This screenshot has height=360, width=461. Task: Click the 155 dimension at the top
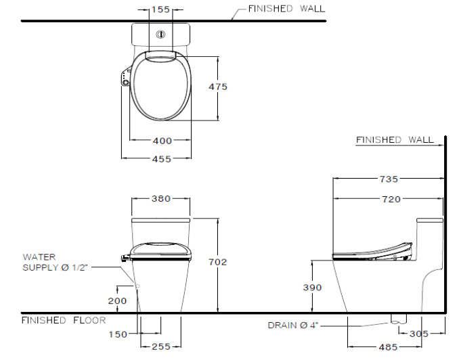160,10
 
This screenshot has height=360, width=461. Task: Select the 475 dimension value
217,87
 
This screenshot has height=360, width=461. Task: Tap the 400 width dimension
161,141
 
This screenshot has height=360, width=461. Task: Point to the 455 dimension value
161,159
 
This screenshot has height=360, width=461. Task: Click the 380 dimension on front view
160,199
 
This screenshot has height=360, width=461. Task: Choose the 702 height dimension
217,262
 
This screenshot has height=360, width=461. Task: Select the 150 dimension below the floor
118,334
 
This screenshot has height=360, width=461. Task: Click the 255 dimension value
160,347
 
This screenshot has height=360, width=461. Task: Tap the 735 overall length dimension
389,179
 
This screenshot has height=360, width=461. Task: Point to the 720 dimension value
391,199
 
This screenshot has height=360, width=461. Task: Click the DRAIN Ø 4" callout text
292,325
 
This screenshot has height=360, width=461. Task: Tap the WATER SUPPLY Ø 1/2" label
51,262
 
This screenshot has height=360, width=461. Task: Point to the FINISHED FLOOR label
63,320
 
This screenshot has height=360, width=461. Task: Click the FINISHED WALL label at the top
286,9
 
